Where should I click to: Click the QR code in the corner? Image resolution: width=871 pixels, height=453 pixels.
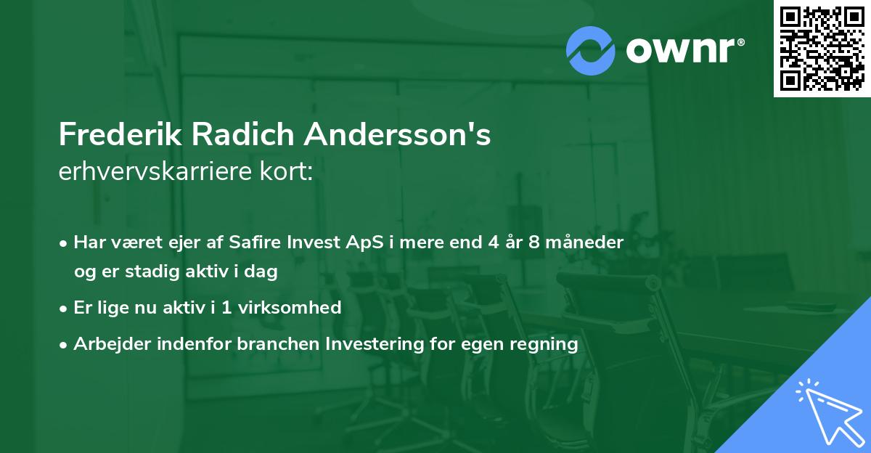(x=822, y=48)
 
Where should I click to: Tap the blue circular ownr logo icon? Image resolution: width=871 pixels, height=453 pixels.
(x=591, y=51)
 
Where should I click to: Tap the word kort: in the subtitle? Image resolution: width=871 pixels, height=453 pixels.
(x=291, y=172)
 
